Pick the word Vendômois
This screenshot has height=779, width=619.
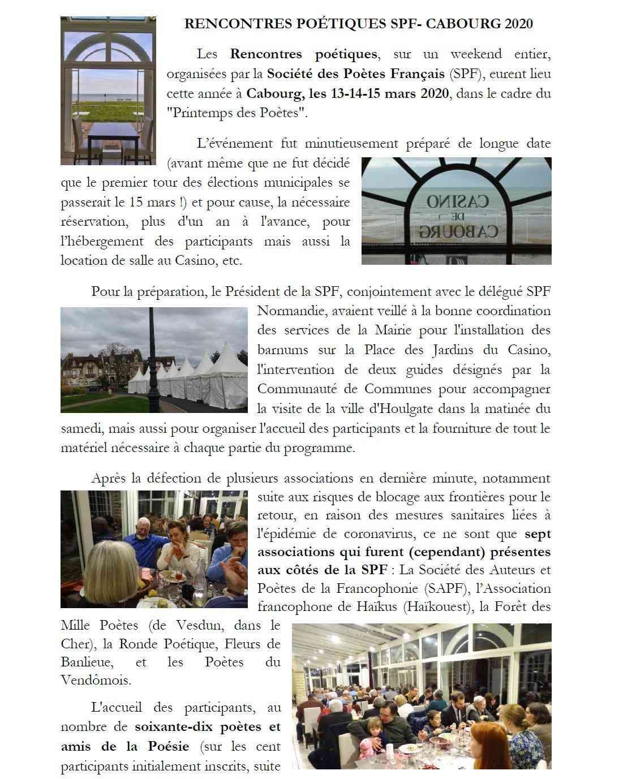coord(96,680)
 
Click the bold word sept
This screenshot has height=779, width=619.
coord(538,533)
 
